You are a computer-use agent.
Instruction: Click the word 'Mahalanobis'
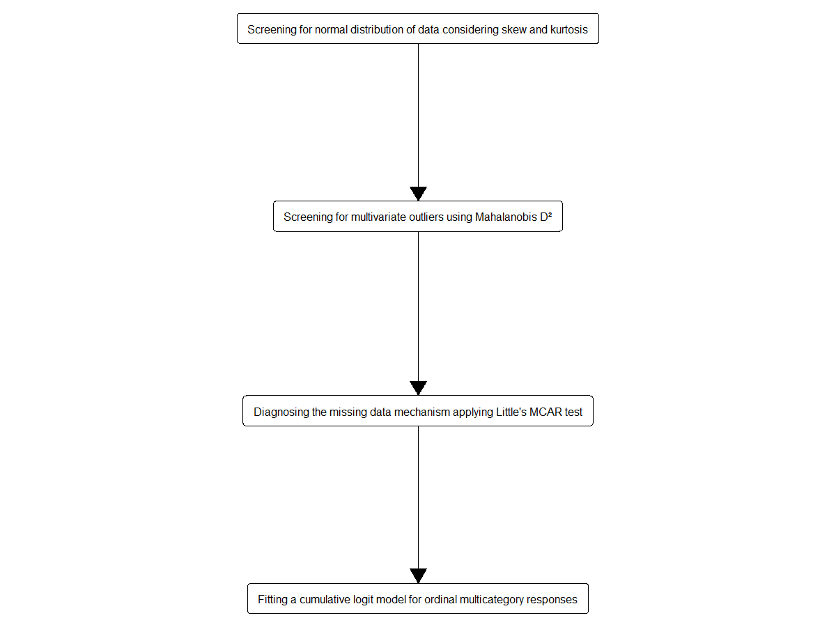pos(506,217)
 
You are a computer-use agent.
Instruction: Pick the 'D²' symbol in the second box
pos(545,216)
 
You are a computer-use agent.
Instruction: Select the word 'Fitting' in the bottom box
pos(272,599)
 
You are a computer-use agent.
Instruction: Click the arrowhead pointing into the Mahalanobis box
pos(418,194)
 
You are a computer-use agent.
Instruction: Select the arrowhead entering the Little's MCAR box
pos(418,388)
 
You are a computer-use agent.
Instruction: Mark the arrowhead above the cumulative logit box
pos(418,576)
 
